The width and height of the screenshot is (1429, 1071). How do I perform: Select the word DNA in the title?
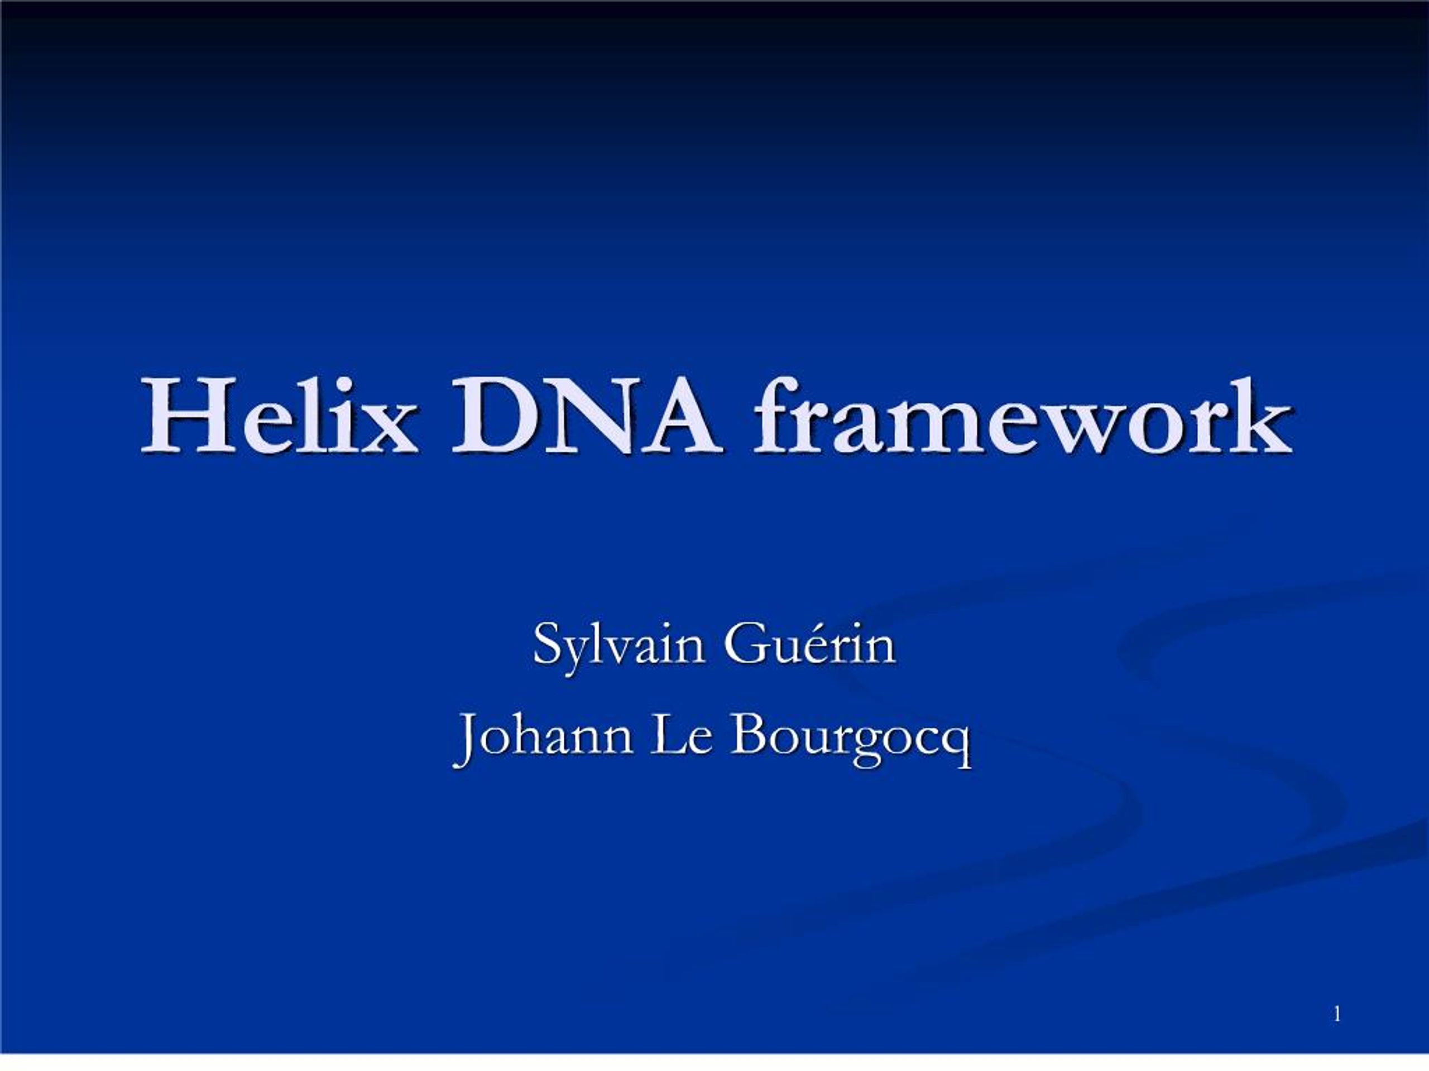click(584, 416)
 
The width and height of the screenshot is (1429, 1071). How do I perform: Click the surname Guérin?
click(809, 644)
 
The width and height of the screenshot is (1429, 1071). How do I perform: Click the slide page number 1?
click(1337, 1014)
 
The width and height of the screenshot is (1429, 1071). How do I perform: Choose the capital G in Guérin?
click(744, 644)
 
